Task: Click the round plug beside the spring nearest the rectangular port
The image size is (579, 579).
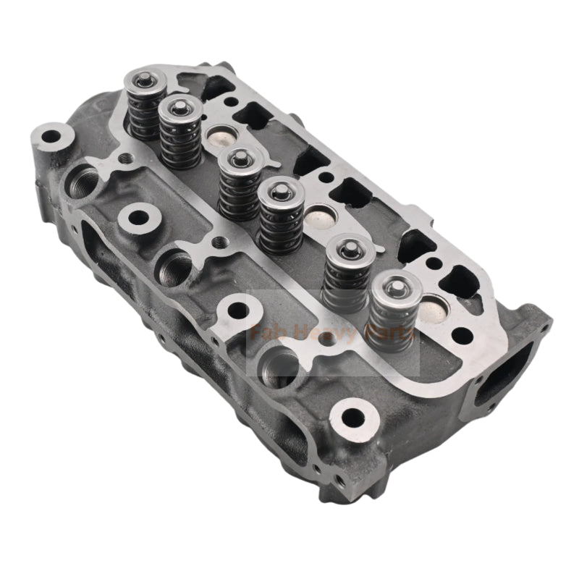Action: click(436, 306)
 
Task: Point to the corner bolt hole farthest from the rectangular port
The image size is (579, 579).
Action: click(50, 135)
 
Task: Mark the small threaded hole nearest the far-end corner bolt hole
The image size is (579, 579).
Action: click(127, 157)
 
